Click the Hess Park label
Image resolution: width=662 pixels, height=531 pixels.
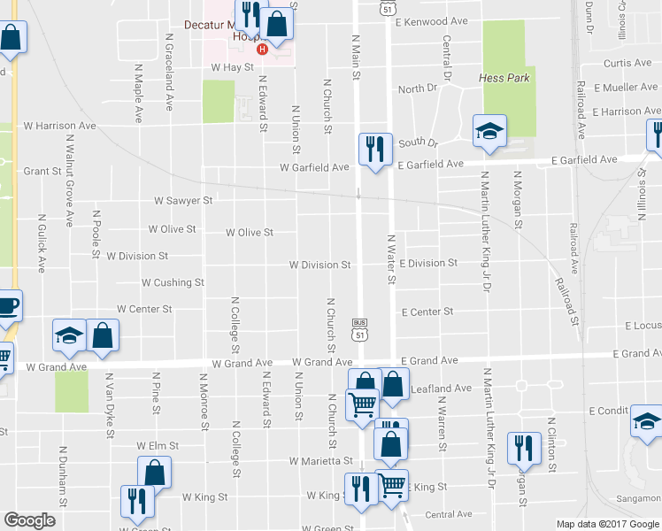[505, 78]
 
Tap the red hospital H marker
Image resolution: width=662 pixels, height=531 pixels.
[261, 50]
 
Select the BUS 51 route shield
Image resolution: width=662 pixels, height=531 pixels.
[358, 329]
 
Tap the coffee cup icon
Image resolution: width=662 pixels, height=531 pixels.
[8, 305]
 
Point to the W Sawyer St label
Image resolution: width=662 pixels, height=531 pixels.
[183, 201]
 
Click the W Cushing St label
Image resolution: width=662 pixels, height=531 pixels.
[173, 282]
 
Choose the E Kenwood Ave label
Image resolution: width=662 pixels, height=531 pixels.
[431, 20]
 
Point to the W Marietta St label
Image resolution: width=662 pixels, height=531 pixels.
[321, 461]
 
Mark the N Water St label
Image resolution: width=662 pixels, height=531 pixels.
[391, 259]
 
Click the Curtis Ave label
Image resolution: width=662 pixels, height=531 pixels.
[627, 63]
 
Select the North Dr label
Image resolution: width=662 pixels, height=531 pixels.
[418, 89]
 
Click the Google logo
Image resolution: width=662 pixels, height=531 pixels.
[30, 520]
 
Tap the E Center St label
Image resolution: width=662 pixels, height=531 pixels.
[427, 312]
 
